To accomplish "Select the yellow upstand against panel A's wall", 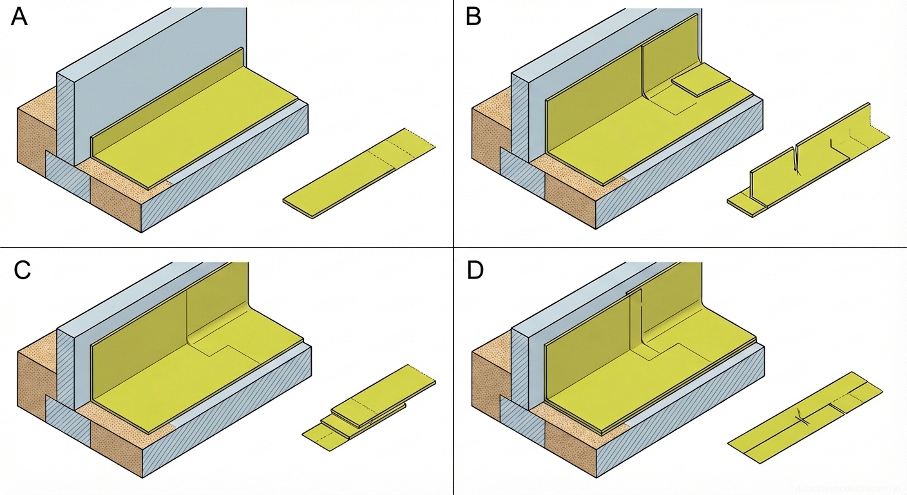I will [x=167, y=97].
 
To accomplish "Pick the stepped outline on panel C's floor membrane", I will [x=222, y=348].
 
